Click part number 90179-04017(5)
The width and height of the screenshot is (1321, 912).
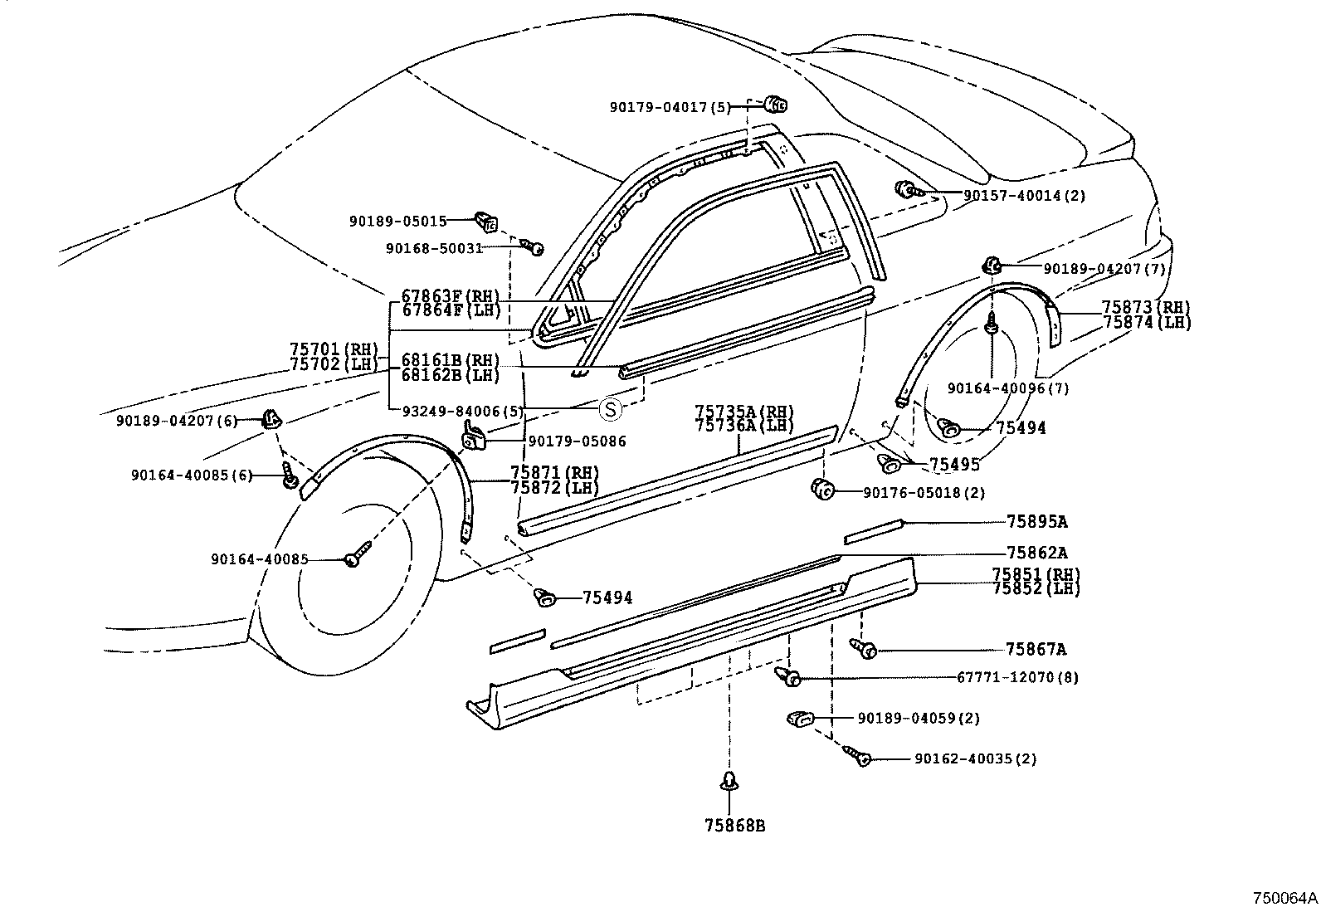(x=669, y=107)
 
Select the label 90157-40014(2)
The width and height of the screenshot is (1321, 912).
(x=1023, y=196)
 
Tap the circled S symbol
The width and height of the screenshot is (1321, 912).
(x=610, y=408)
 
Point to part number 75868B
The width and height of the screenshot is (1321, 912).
(x=734, y=825)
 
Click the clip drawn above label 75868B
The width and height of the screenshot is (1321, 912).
(x=729, y=782)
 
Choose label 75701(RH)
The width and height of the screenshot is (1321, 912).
(x=334, y=349)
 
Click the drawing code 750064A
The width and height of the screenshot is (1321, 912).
(x=1284, y=898)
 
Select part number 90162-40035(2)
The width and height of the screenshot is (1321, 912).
(x=975, y=758)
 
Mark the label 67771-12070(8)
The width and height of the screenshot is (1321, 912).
(x=1017, y=677)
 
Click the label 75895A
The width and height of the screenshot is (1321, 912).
(x=1036, y=522)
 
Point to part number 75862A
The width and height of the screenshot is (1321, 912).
(x=1036, y=553)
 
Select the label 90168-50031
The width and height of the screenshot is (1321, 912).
(x=434, y=247)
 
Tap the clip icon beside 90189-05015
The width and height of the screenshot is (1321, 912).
(x=486, y=222)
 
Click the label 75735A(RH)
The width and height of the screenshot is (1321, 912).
(x=743, y=412)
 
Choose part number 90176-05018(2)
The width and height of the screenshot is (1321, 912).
(x=924, y=492)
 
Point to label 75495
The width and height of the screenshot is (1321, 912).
(x=954, y=465)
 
